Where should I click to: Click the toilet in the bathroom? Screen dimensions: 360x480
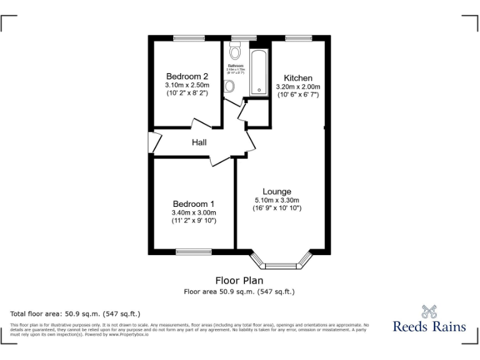click(236, 50)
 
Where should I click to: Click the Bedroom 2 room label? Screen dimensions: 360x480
click(187, 76)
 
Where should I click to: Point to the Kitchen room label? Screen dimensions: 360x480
click(298, 78)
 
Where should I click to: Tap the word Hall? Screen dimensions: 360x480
click(199, 142)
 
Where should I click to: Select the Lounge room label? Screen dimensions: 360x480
click(277, 191)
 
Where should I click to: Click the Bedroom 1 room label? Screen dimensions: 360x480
click(194, 204)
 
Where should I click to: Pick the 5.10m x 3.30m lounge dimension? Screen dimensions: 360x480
click(277, 200)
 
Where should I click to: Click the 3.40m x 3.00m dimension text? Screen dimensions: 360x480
click(194, 212)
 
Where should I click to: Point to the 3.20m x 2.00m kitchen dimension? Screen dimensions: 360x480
click(298, 87)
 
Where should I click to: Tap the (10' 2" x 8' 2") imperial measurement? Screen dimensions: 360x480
click(187, 93)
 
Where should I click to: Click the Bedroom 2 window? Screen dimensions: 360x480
click(189, 39)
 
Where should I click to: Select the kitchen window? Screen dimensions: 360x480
click(298, 39)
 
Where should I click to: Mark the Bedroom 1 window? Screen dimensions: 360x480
click(194, 252)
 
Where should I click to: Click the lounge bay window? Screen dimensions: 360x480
click(280, 261)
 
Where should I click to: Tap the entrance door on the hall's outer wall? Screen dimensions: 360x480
click(151, 142)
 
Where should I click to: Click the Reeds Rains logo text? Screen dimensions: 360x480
click(429, 326)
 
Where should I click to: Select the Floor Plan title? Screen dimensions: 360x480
click(239, 281)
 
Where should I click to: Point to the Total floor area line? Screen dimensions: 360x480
click(76, 313)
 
